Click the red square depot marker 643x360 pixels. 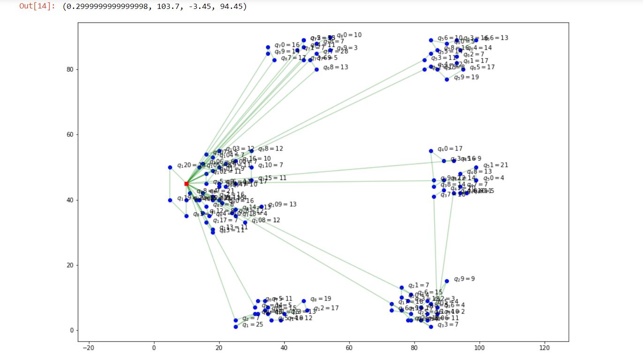pyautogui.click(x=186, y=184)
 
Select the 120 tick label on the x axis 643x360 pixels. pyautogui.click(x=544, y=347)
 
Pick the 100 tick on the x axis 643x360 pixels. pyautogui.click(x=479, y=347)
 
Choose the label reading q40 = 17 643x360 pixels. pyautogui.click(x=450, y=149)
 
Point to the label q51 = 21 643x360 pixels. pyautogui.click(x=496, y=165)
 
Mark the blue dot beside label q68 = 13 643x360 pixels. pyautogui.click(x=317, y=69)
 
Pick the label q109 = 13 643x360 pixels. pyautogui.click(x=282, y=205)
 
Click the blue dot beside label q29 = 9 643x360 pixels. pyautogui.click(x=446, y=281)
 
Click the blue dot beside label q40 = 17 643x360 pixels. pyautogui.click(x=431, y=151)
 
